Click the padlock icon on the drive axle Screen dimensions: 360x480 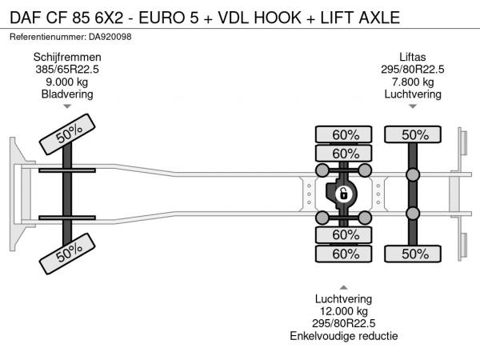(343, 194)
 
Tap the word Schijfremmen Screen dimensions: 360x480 (67, 57)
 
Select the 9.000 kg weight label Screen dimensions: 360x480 (67, 82)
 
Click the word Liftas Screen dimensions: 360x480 (414, 57)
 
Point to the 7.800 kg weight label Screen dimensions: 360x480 (414, 82)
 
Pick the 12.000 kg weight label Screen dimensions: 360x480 (343, 311)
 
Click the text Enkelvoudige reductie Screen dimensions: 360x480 (343, 336)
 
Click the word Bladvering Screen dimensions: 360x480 (67, 94)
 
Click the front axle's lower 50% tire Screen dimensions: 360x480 (69, 254)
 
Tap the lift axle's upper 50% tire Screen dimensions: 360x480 (414, 134)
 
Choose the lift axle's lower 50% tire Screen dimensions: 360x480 (414, 254)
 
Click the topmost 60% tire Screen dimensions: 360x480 (344, 134)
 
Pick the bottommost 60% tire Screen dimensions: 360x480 (344, 254)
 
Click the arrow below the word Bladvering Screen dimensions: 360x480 (67, 106)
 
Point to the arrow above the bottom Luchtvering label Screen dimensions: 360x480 (343, 286)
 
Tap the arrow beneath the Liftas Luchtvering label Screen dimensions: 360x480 (414, 106)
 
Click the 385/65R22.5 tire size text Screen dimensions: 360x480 (67, 69)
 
